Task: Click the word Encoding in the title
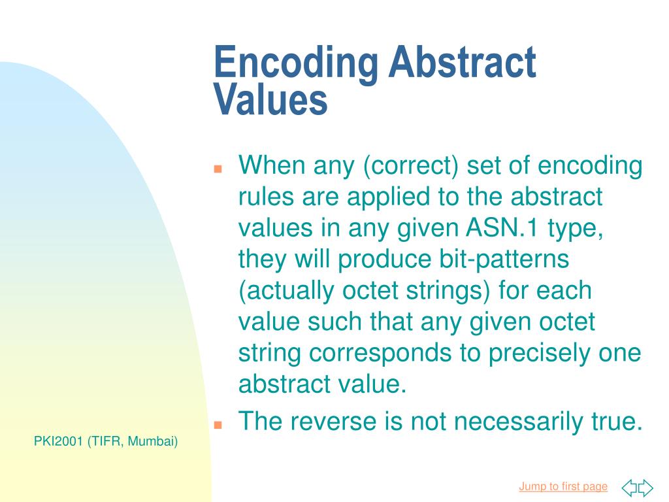[296, 64]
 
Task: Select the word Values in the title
[270, 100]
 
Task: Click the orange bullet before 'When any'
[219, 169]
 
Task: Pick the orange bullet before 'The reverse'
[219, 424]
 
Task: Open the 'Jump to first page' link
[563, 486]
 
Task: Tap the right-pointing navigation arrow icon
[645, 488]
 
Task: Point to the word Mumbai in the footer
[152, 442]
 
